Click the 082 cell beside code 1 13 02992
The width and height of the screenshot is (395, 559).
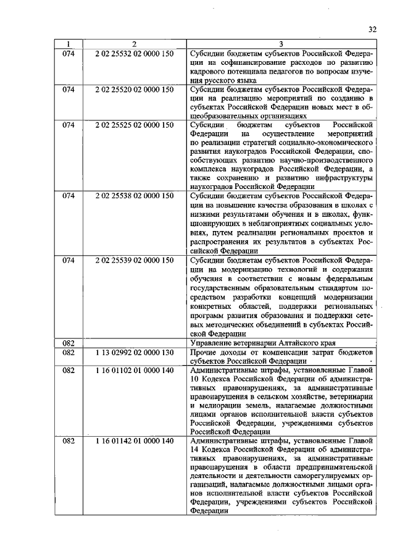[69, 352]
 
